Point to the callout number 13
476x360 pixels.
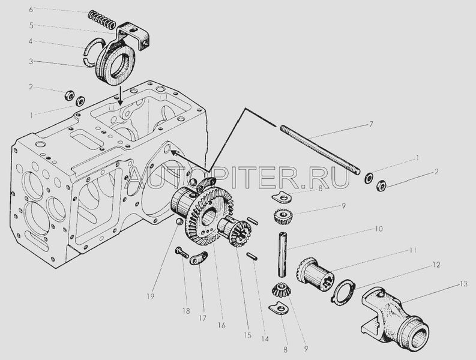(x=463, y=284)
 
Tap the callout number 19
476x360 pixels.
(x=150, y=296)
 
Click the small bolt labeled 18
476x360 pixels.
(x=181, y=252)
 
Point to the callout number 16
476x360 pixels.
(x=221, y=325)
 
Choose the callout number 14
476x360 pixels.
(x=265, y=339)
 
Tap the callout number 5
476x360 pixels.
(x=31, y=25)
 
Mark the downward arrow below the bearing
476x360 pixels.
(x=121, y=96)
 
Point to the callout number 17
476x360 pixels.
(x=202, y=318)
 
